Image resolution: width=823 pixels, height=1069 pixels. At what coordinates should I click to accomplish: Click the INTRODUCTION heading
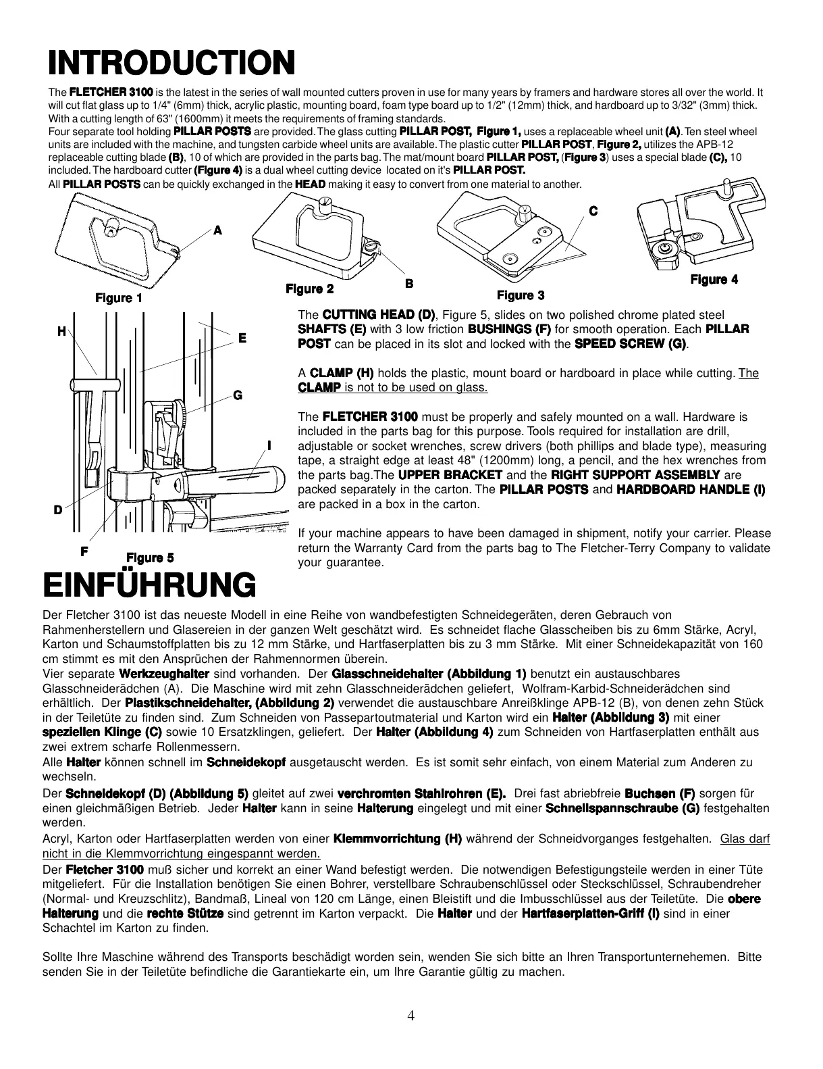[170, 64]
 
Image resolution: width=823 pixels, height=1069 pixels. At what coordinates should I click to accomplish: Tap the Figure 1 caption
[119, 298]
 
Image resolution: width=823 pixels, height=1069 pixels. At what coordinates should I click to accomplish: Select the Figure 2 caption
[309, 289]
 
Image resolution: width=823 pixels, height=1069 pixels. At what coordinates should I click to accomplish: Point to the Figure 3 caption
[520, 295]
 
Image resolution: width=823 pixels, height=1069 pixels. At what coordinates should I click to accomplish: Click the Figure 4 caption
[714, 280]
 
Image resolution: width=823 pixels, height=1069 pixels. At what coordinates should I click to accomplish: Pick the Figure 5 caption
[150, 557]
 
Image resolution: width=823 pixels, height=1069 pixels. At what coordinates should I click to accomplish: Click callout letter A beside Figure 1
[217, 230]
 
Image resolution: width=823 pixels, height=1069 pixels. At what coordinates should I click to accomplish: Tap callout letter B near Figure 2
[408, 284]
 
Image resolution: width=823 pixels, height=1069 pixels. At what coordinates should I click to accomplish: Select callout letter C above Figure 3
[593, 212]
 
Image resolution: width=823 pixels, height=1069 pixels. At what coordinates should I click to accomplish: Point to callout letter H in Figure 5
[61, 331]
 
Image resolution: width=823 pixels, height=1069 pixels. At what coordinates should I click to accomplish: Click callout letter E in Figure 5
[242, 337]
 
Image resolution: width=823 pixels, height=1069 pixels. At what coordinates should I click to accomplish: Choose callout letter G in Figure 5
[237, 395]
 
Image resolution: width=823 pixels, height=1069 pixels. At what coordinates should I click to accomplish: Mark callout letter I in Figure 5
[269, 445]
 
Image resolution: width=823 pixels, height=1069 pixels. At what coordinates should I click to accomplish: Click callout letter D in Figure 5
[58, 510]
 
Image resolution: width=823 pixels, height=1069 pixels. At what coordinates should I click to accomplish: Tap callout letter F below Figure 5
[84, 551]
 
